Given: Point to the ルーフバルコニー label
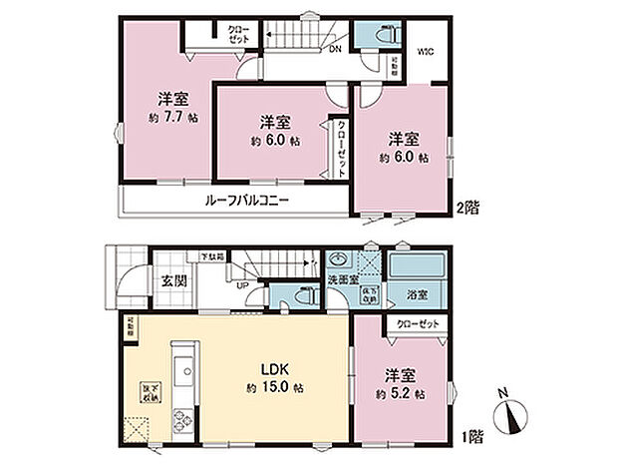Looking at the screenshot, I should [x=246, y=201].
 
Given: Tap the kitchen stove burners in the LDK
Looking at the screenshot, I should [x=181, y=418].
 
